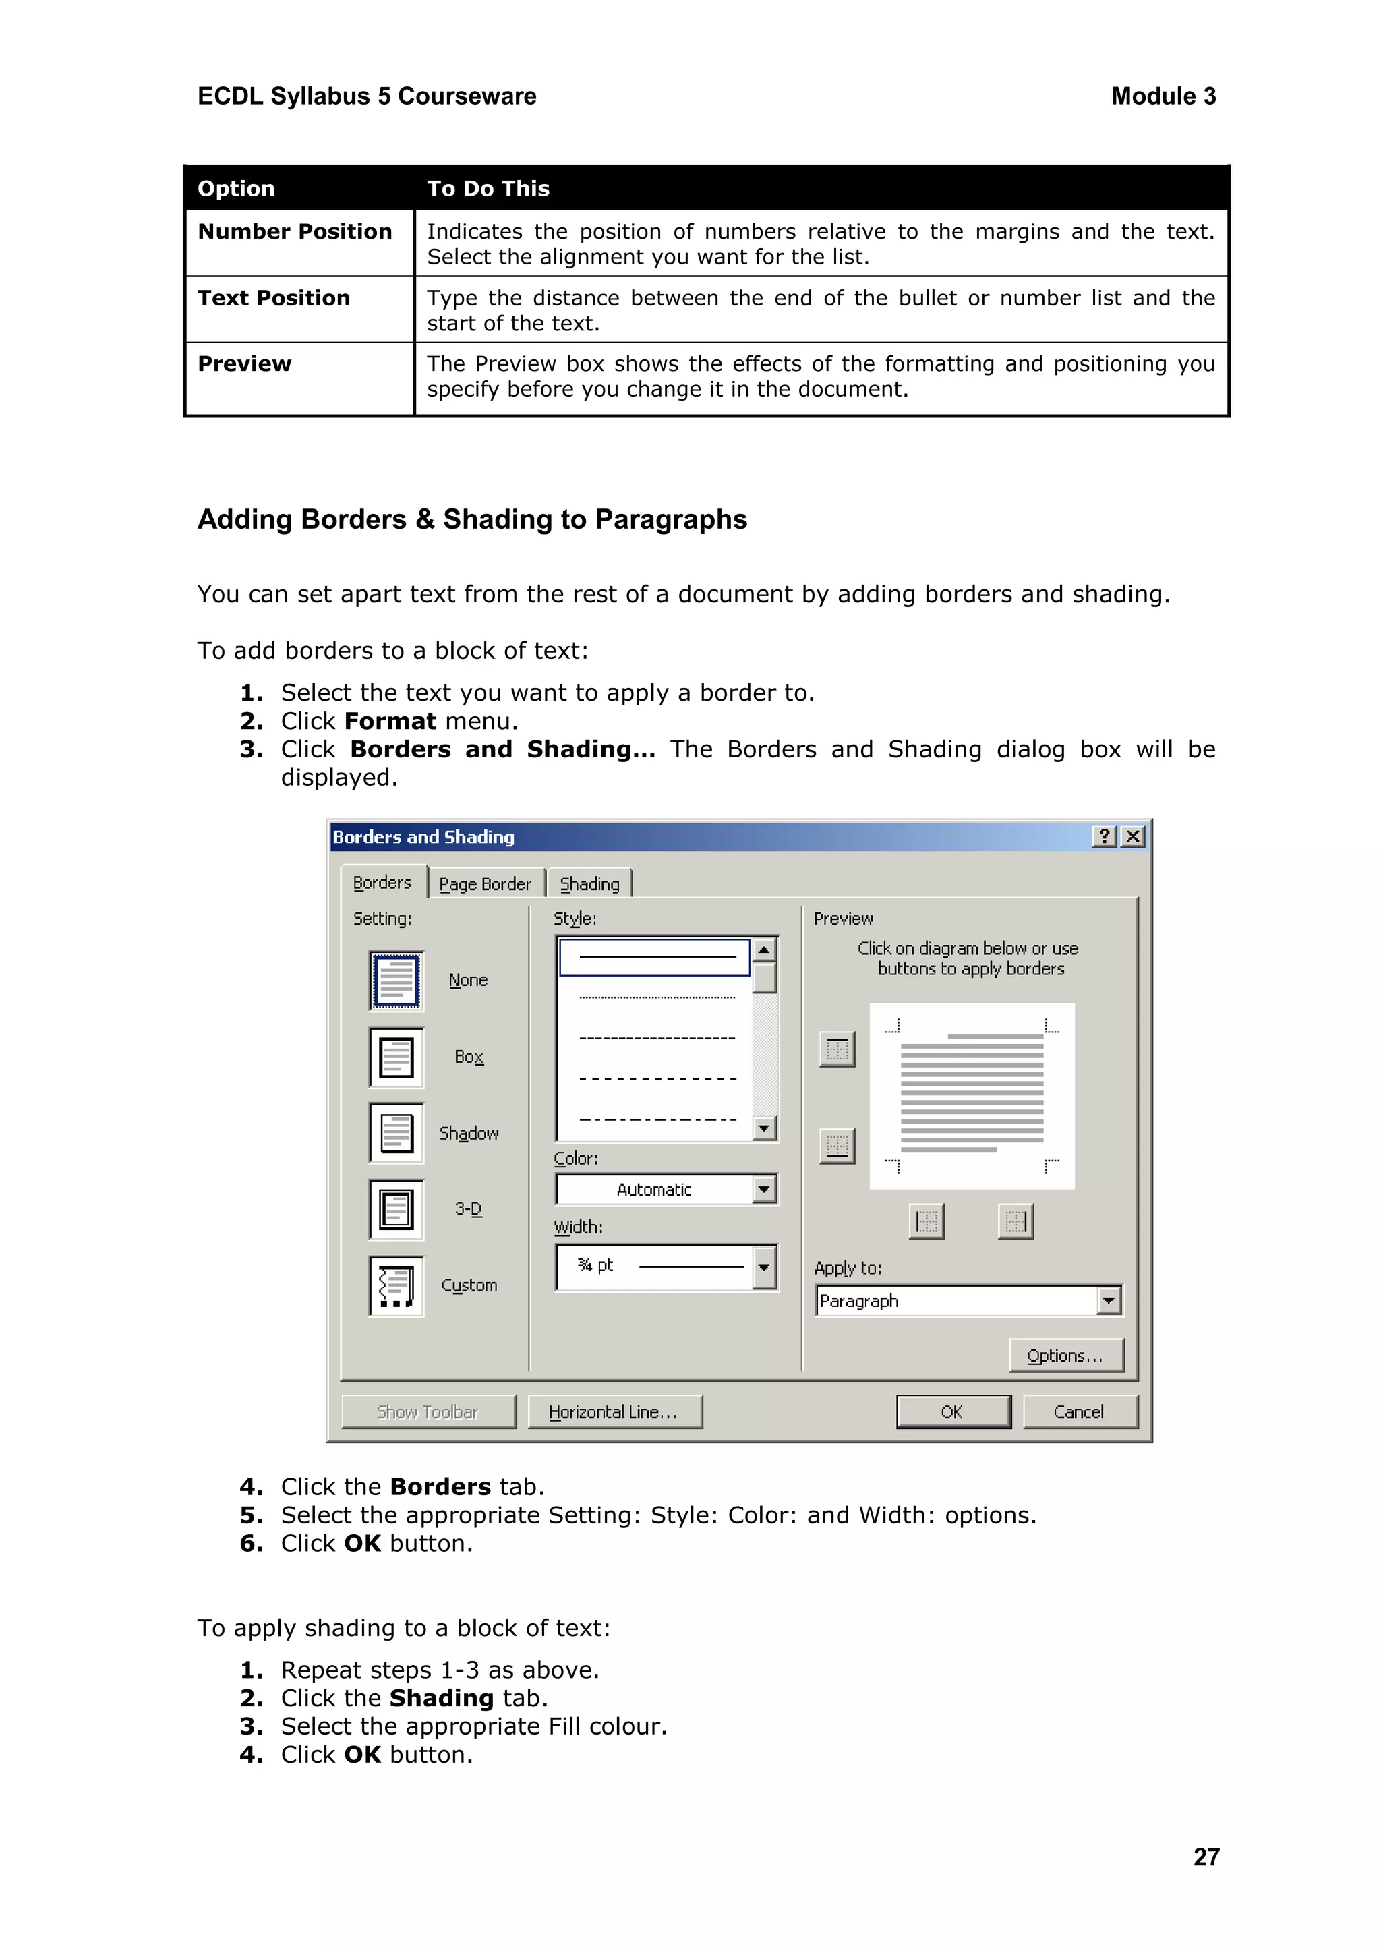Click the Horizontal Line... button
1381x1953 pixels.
point(614,1411)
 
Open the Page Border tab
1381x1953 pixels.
point(485,884)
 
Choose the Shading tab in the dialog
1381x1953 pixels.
point(589,884)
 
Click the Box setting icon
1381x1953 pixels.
point(396,1057)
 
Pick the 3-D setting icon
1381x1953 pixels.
point(396,1208)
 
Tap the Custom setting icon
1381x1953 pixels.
point(396,1285)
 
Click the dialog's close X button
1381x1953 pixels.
point(1133,837)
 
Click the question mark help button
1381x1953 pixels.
point(1104,837)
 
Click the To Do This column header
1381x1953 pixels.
point(488,188)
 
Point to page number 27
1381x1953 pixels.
point(1206,1857)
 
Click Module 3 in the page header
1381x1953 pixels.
point(1163,96)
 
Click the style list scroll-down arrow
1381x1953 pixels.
point(763,1128)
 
